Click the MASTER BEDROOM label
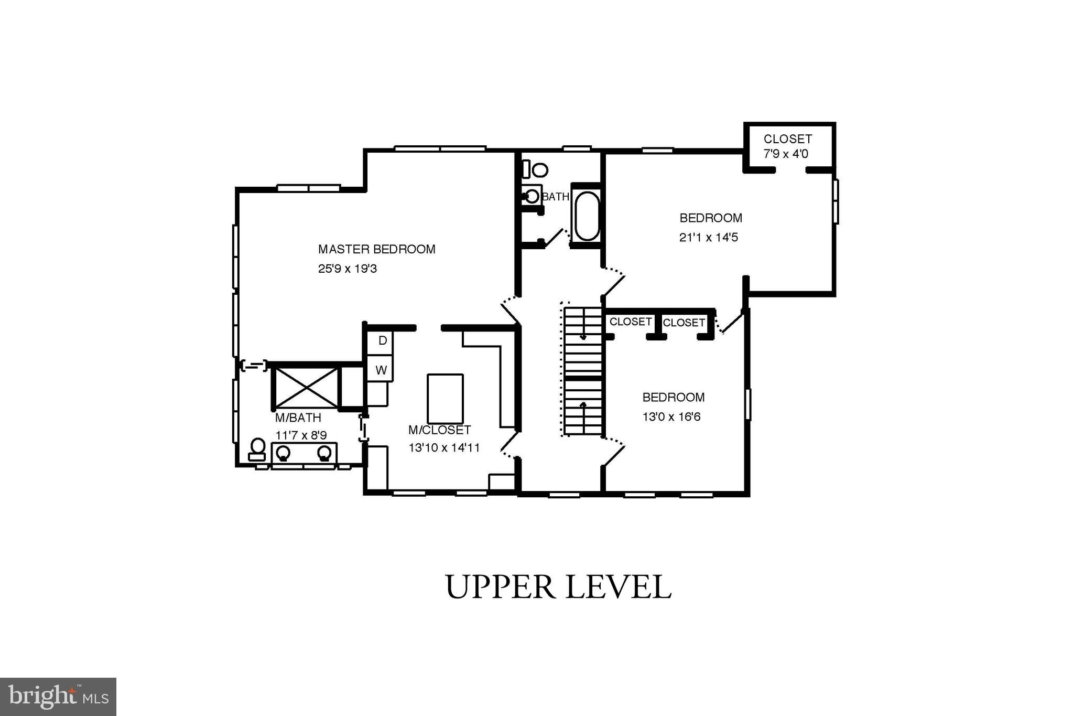376,249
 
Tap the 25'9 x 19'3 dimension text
348,269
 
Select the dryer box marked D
382,341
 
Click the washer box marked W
381,370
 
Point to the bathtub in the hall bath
587,216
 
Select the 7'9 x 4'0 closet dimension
786,154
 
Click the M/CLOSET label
439,430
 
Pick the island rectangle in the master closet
445,399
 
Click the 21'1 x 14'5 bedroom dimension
709,238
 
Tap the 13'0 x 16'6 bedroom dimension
671,417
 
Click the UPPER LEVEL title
558,587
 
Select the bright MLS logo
58,696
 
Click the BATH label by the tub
555,197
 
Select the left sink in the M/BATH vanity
283,452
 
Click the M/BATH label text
298,418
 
